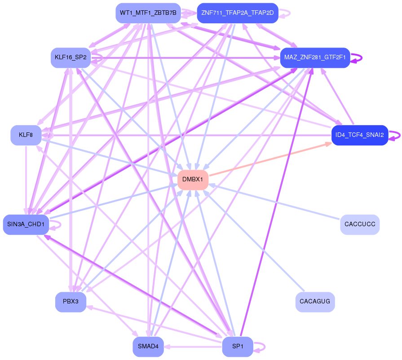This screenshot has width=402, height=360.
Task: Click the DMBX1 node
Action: coord(193,180)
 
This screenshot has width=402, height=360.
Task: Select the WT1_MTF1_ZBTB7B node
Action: coord(148,13)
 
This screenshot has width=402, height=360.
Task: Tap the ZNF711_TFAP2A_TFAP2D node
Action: coord(238,13)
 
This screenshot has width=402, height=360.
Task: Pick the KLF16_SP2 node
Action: coord(71,57)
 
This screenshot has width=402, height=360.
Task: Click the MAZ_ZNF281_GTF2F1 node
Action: coord(315,57)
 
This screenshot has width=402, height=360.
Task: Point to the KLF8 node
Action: coord(26,135)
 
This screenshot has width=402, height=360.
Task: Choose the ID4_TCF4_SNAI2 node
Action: coord(360,135)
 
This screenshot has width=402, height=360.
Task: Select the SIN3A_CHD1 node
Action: coord(26,224)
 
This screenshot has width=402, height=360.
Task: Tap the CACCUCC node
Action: coord(360,224)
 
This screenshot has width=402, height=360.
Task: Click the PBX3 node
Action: coord(71,302)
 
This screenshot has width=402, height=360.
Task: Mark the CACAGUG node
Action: coord(315,302)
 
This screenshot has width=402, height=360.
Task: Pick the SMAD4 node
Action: coord(148,347)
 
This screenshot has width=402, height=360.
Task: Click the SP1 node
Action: coord(238,347)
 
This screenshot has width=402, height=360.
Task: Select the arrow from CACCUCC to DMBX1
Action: coord(274,202)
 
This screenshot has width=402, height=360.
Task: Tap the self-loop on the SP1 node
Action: coord(260,347)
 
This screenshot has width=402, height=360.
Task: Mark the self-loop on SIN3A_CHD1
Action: coord(55,225)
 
